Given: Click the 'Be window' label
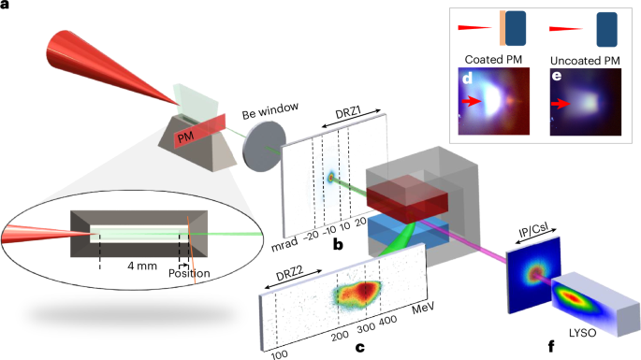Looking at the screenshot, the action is coord(270,110).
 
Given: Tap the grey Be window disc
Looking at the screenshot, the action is coord(264,146).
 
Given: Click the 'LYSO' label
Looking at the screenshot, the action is coord(583,333).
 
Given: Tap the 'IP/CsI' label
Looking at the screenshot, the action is coord(533,230).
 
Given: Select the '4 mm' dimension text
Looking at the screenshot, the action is coord(142,266).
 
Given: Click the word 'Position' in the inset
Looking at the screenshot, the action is coord(189,273).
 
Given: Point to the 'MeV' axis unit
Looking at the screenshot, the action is coord(423,309).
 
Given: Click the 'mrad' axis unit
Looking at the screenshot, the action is coord(284,244).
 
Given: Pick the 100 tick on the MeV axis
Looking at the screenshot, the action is coord(279,354).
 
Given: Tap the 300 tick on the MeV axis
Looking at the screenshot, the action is coord(366,327).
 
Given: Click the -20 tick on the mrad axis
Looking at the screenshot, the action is coord(311,236).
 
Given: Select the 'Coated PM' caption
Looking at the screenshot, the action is coord(493,60).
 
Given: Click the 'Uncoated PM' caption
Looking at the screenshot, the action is coord(585,61).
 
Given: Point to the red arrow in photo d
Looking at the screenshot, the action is coord(472,101).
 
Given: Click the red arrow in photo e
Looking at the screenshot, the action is coord(561,104).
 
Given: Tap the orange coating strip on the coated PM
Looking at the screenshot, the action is coord(503,28).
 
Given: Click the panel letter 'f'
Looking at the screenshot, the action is coord(551,347).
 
